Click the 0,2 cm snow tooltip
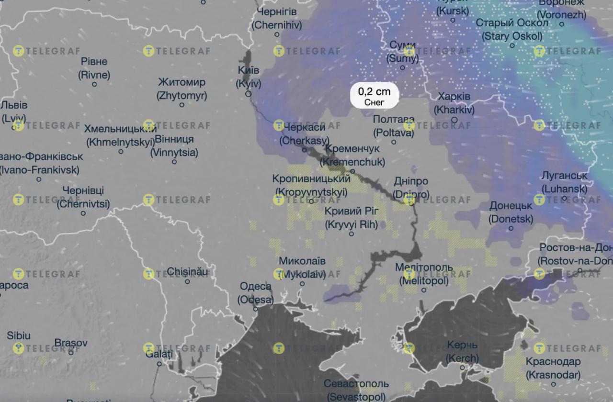click(374, 95)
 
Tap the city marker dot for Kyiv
click(248, 94)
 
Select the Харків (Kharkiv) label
click(454, 103)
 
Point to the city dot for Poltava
click(394, 142)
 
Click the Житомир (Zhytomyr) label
click(182, 89)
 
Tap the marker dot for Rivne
click(94, 84)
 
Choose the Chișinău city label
click(188, 272)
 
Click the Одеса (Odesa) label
click(255, 293)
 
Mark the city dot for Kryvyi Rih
click(352, 234)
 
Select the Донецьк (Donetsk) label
click(511, 212)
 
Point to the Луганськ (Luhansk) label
click(564, 182)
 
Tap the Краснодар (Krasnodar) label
click(553, 368)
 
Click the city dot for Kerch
click(463, 368)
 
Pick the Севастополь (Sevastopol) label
click(356, 390)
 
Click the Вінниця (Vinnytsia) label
click(174, 146)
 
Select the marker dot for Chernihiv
click(277, 34)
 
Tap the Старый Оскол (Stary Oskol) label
click(511, 30)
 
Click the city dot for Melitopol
click(424, 290)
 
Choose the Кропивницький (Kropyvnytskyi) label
click(311, 185)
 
